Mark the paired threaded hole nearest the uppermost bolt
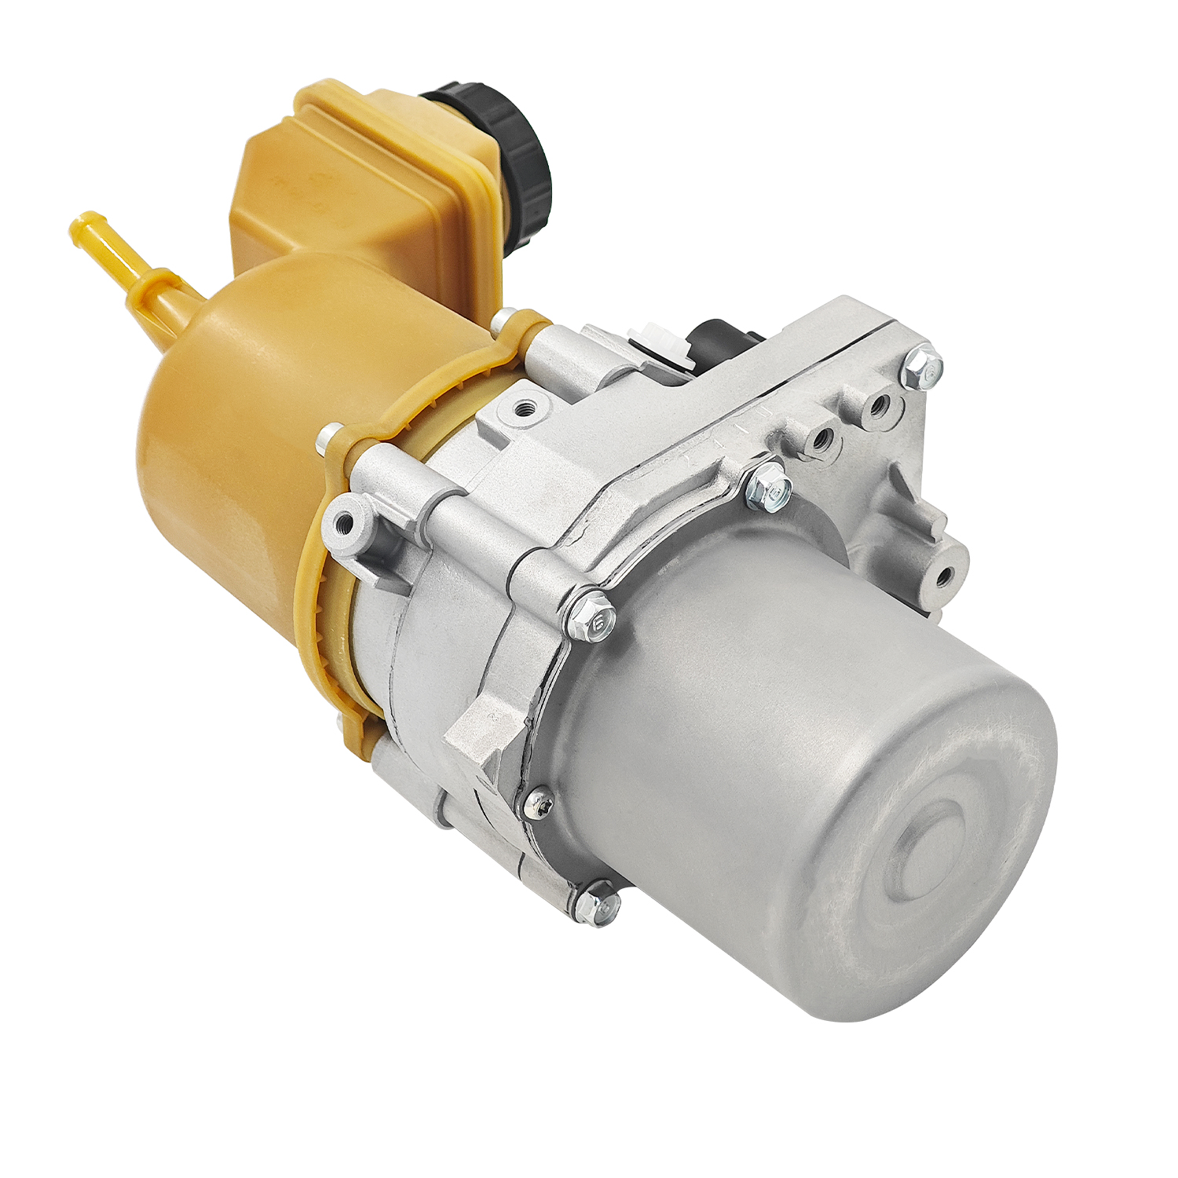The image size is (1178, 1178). pyautogui.click(x=878, y=405)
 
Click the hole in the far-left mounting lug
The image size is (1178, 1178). pyautogui.click(x=342, y=521)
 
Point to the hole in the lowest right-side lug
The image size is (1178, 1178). pyautogui.click(x=942, y=578)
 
